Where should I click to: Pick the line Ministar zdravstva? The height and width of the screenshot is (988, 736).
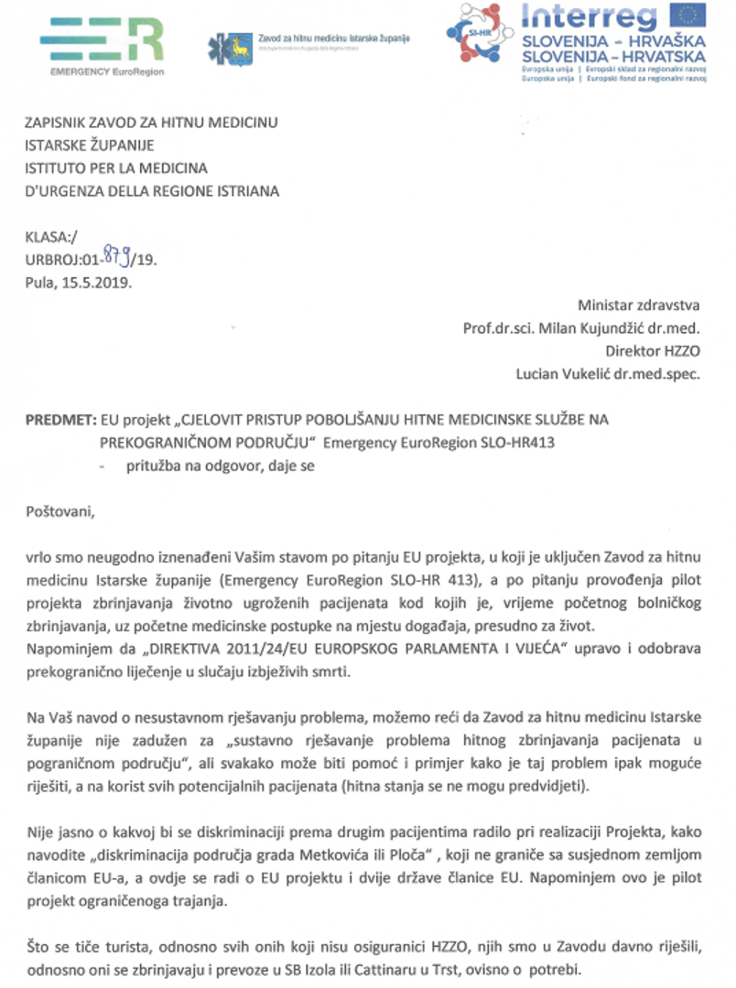(x=638, y=305)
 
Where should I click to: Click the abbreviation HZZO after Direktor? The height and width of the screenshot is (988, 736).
(x=679, y=350)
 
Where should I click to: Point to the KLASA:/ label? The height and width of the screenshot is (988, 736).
(x=51, y=237)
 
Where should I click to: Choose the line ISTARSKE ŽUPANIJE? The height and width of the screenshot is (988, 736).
(x=90, y=145)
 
